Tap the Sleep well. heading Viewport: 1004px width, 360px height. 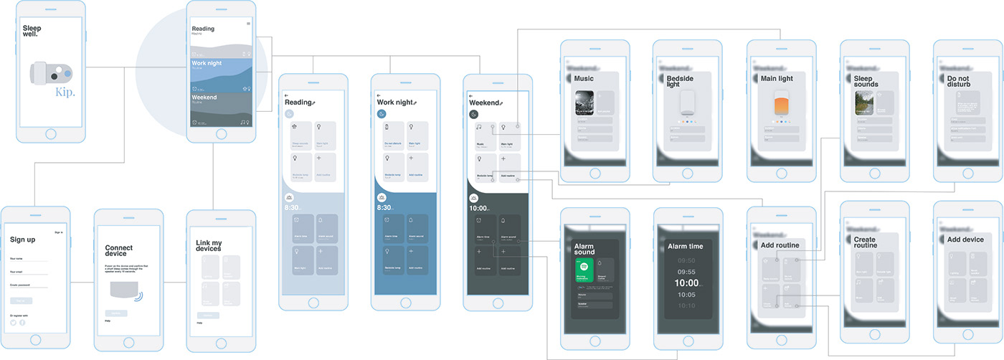(31, 30)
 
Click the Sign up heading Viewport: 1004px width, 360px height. (22, 240)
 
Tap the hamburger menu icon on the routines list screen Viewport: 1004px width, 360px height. (248, 24)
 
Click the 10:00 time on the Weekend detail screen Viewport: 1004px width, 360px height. (479, 208)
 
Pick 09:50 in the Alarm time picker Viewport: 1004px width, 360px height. (686, 260)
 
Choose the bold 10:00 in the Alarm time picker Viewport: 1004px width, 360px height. (686, 283)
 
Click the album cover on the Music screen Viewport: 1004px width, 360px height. (584, 103)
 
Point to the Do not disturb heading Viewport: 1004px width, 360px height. (958, 81)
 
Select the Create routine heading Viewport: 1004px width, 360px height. (866, 242)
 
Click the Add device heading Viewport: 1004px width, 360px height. (965, 240)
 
